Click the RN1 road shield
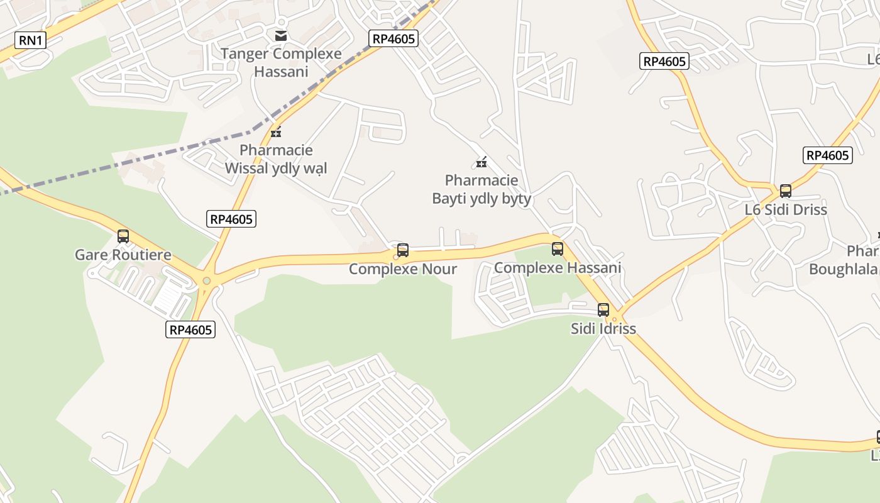[x=30, y=41]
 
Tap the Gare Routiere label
[x=123, y=255]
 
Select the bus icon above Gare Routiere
[x=123, y=236]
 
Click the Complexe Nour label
[x=403, y=269]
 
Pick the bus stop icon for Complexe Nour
[x=403, y=250]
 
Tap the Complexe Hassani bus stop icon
[x=558, y=248]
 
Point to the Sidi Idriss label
[x=603, y=328]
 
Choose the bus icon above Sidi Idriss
[x=603, y=309]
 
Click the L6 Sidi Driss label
[x=786, y=209]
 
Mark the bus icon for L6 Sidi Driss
[x=786, y=191]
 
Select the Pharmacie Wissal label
[x=276, y=159]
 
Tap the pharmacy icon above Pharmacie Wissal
[x=275, y=132]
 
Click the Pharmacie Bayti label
[x=481, y=189]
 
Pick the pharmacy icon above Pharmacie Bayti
[x=481, y=162]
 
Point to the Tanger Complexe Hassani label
[x=281, y=62]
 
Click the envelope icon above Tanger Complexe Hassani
[x=281, y=35]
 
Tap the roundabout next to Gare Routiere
[x=206, y=281]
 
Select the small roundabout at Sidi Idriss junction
[x=615, y=319]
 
